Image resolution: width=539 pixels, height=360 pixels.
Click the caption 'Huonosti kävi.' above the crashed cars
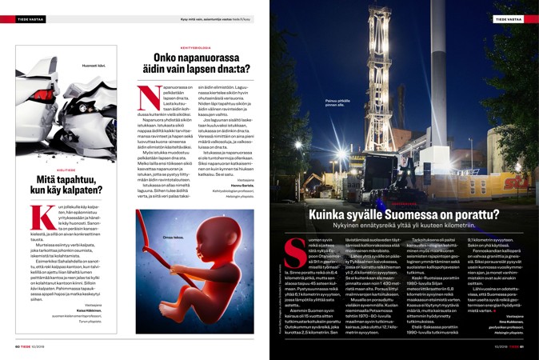[94, 63]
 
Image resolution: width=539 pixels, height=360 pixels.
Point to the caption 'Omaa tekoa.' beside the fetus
[174, 238]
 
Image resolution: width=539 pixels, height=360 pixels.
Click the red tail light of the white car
[19, 114]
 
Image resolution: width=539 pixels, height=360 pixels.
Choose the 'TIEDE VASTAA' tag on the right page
[508, 18]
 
